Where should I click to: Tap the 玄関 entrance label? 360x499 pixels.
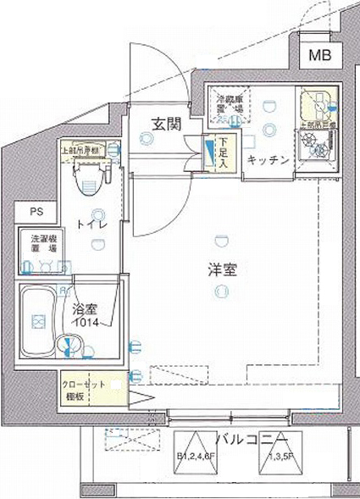166,124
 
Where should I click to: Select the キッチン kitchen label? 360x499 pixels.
269,160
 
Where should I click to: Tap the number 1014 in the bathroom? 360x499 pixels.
85,323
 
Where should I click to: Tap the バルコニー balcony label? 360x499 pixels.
246,440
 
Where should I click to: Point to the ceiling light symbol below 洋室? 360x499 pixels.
222,292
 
